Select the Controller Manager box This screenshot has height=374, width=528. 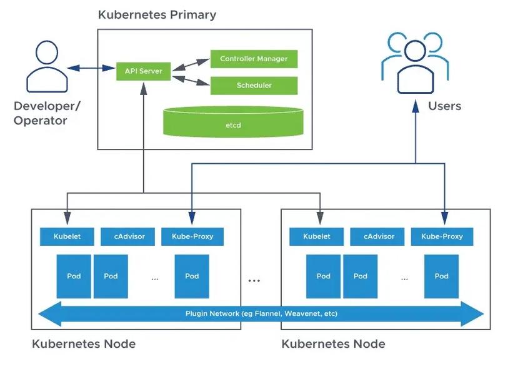[254, 59]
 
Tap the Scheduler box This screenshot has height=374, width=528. [254, 86]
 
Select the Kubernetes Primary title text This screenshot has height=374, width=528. [157, 14]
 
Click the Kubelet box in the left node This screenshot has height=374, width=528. [67, 236]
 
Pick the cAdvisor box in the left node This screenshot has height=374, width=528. [129, 236]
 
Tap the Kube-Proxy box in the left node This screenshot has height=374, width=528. [192, 236]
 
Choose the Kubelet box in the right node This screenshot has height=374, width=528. [317, 236]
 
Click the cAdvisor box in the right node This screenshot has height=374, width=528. [380, 236]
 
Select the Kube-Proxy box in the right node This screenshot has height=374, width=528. [442, 236]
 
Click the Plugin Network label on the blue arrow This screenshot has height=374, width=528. [261, 313]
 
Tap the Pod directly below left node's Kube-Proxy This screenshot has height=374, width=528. [192, 276]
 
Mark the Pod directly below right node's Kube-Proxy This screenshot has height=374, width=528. [442, 276]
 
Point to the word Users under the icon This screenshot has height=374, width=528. [444, 106]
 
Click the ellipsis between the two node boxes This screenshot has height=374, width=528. [254, 281]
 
